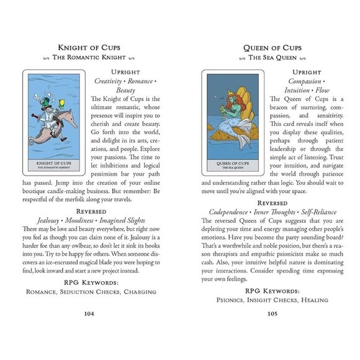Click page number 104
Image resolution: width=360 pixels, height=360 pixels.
89,313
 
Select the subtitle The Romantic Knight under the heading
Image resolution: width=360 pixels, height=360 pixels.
89,58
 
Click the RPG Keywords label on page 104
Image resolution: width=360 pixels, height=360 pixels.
89,281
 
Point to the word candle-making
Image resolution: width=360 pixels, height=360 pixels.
84,192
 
